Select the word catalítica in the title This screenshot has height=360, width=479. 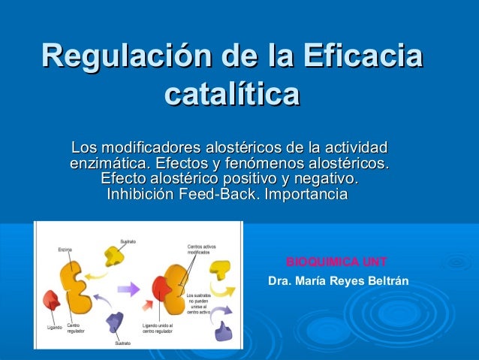tap(232, 95)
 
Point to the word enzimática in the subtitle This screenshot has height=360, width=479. tap(108, 162)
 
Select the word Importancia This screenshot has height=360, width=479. tap(304, 195)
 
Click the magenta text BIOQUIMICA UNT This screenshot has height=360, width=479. tap(336, 262)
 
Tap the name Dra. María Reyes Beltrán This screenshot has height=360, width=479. tap(338, 281)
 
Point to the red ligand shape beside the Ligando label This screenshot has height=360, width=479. tap(52, 300)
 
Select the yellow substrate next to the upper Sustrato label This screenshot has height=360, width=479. tap(114, 256)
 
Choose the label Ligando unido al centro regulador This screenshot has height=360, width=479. tap(157, 328)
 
